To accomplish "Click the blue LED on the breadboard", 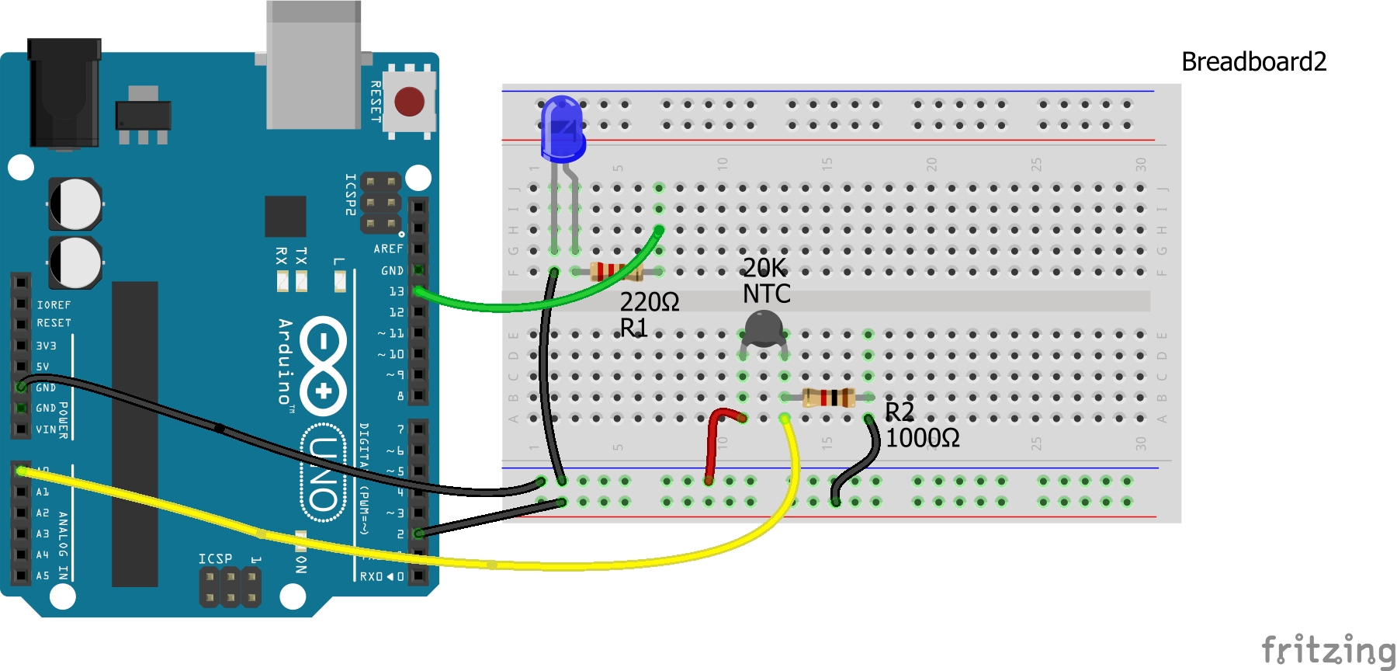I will pos(562,126).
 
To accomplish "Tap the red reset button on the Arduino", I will pos(409,102).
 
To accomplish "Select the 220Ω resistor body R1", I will pos(616,272).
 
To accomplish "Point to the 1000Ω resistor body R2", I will pos(829,398).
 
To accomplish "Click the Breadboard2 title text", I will pos(1253,62).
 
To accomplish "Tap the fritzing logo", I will pos(1328,651).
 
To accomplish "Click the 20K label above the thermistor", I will pos(764,268).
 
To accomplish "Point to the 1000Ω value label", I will pos(922,439).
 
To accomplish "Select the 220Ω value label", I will pos(649,302).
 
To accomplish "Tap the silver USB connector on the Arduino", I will pos(314,66).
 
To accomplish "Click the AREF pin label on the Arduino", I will pos(388,249).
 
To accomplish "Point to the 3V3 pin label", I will pos(46,346).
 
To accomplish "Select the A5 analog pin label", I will pos(42,576).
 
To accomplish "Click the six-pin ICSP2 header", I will pos(380,203).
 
